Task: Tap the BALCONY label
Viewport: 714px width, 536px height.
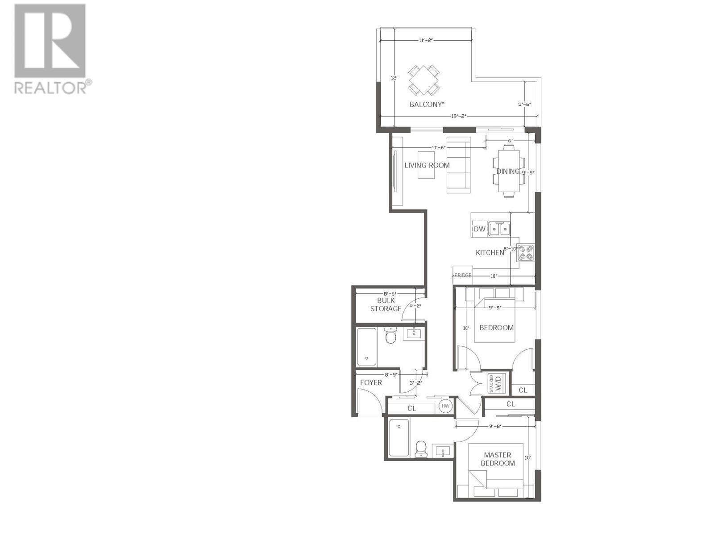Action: pos(427,105)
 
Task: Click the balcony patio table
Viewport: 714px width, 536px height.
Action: pos(424,80)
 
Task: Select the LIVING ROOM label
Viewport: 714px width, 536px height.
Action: pos(427,165)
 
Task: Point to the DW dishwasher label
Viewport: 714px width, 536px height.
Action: pos(479,229)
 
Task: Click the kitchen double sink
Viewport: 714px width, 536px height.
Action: pos(499,229)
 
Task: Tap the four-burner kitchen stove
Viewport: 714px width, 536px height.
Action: pos(525,253)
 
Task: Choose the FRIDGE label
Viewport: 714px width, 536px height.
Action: pos(463,276)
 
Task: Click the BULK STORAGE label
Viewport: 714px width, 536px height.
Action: pos(386,305)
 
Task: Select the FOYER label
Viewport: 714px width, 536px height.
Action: pos(371,382)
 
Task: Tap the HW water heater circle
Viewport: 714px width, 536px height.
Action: pos(445,406)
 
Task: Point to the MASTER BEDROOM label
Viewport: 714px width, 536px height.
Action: pos(498,459)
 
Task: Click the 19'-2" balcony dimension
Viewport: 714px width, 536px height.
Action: pos(458,116)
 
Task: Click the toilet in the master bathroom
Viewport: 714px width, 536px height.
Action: pos(421,449)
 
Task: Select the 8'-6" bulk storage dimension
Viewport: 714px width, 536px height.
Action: pos(390,293)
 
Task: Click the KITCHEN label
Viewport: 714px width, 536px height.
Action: pos(490,253)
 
